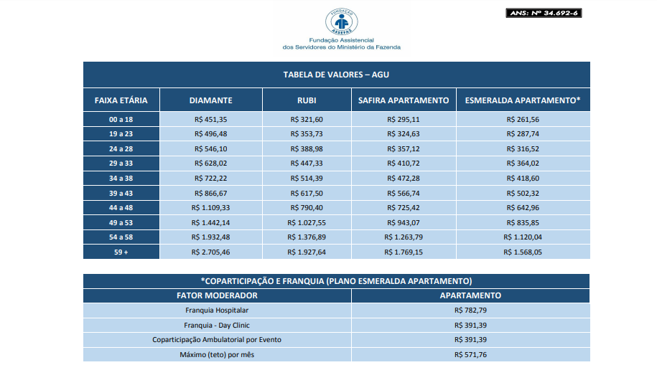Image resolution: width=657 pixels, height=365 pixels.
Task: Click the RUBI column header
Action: coord(307,100)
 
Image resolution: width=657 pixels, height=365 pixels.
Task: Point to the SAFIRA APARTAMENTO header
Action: coord(403,100)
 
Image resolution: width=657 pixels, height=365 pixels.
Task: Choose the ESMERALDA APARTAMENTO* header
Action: coord(522,100)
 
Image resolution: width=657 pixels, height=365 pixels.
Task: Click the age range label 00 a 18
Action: coord(121,119)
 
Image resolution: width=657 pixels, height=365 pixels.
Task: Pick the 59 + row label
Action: coord(121,252)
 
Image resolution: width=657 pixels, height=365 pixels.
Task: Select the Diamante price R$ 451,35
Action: coord(210,119)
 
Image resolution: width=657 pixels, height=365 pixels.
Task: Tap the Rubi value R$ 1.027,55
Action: coord(307,222)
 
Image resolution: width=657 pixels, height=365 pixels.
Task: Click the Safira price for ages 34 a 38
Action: coord(403,178)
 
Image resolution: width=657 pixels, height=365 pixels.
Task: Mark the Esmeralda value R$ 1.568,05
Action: coord(522,252)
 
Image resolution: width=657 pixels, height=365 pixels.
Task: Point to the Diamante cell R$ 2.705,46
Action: coord(210,252)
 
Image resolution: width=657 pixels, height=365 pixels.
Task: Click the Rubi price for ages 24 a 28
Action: coord(307,148)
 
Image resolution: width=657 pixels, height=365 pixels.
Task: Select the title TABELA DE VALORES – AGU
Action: coord(336,75)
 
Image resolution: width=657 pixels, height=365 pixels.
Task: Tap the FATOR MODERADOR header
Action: coord(216,295)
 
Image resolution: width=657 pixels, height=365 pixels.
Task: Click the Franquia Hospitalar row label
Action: coord(216,311)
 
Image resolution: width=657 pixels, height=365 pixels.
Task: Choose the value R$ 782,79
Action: coord(470,311)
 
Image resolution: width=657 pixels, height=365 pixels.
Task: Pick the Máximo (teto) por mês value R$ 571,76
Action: coord(470,354)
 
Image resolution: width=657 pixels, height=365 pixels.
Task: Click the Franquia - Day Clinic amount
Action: coord(470,325)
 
